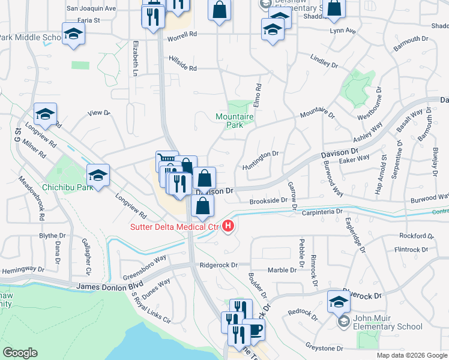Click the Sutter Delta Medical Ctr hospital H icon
pos(228,226)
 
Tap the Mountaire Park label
pos(230,121)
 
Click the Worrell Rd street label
pos(182,35)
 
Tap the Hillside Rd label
pos(182,68)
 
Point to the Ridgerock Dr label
pos(219,265)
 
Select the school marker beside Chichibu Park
pos(98,175)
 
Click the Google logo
pos(20,353)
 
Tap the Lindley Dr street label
pos(324,60)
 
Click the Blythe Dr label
pos(52,236)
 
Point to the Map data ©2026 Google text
pos(411,355)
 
